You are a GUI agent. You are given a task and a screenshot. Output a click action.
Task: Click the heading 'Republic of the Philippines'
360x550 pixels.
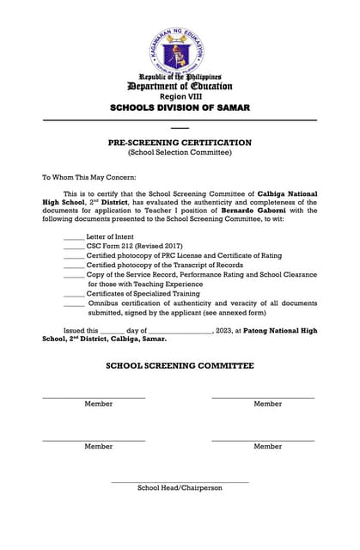(x=180, y=76)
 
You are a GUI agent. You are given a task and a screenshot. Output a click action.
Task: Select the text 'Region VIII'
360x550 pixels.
(x=180, y=97)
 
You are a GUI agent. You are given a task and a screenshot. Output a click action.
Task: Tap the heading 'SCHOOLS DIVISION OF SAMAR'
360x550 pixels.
(x=180, y=108)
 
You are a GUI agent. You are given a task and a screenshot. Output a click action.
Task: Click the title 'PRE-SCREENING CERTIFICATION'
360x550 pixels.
(x=180, y=143)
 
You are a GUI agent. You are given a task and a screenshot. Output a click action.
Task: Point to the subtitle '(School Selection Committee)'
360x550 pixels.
(x=180, y=152)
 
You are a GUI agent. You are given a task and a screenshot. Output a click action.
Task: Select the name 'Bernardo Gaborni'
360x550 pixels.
(x=254, y=210)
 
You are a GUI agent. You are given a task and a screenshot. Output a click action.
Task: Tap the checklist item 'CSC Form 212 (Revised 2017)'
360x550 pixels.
(x=135, y=247)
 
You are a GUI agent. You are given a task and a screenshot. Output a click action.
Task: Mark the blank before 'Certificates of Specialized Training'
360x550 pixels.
(x=74, y=294)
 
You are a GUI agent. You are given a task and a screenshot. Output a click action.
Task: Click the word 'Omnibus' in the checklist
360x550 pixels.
(x=105, y=303)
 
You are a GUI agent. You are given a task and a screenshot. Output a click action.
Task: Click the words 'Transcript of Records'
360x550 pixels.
(x=204, y=266)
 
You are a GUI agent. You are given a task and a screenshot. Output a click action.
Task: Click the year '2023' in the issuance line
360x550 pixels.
(x=227, y=331)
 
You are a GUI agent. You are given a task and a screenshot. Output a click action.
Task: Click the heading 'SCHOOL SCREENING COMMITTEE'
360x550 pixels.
(x=180, y=366)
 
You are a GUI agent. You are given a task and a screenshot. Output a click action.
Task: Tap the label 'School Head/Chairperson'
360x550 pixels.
(x=180, y=488)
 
